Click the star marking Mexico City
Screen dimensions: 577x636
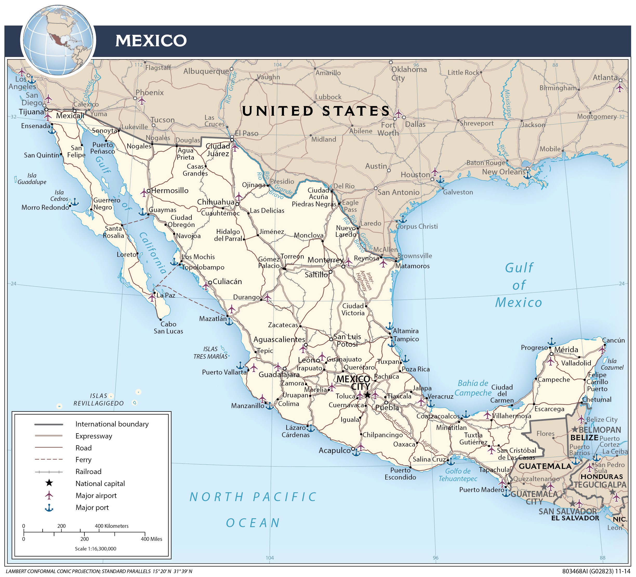pyautogui.click(x=368, y=395)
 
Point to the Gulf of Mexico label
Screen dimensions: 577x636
pyautogui.click(x=519, y=285)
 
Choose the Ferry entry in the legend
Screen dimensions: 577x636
pyautogui.click(x=83, y=460)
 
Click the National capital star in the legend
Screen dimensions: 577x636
pyautogui.click(x=49, y=483)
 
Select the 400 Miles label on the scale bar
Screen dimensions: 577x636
pyautogui.click(x=151, y=539)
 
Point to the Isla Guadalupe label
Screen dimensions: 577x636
pyautogui.click(x=32, y=179)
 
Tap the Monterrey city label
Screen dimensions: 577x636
pyautogui.click(x=325, y=260)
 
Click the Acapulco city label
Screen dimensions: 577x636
pyautogui.click(x=334, y=450)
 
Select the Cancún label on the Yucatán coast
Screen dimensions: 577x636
pyautogui.click(x=613, y=340)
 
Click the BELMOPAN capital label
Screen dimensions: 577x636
pyautogui.click(x=599, y=430)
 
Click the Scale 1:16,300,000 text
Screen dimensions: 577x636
pyautogui.click(x=95, y=549)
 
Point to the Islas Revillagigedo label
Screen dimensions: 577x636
pyautogui.click(x=98, y=399)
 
